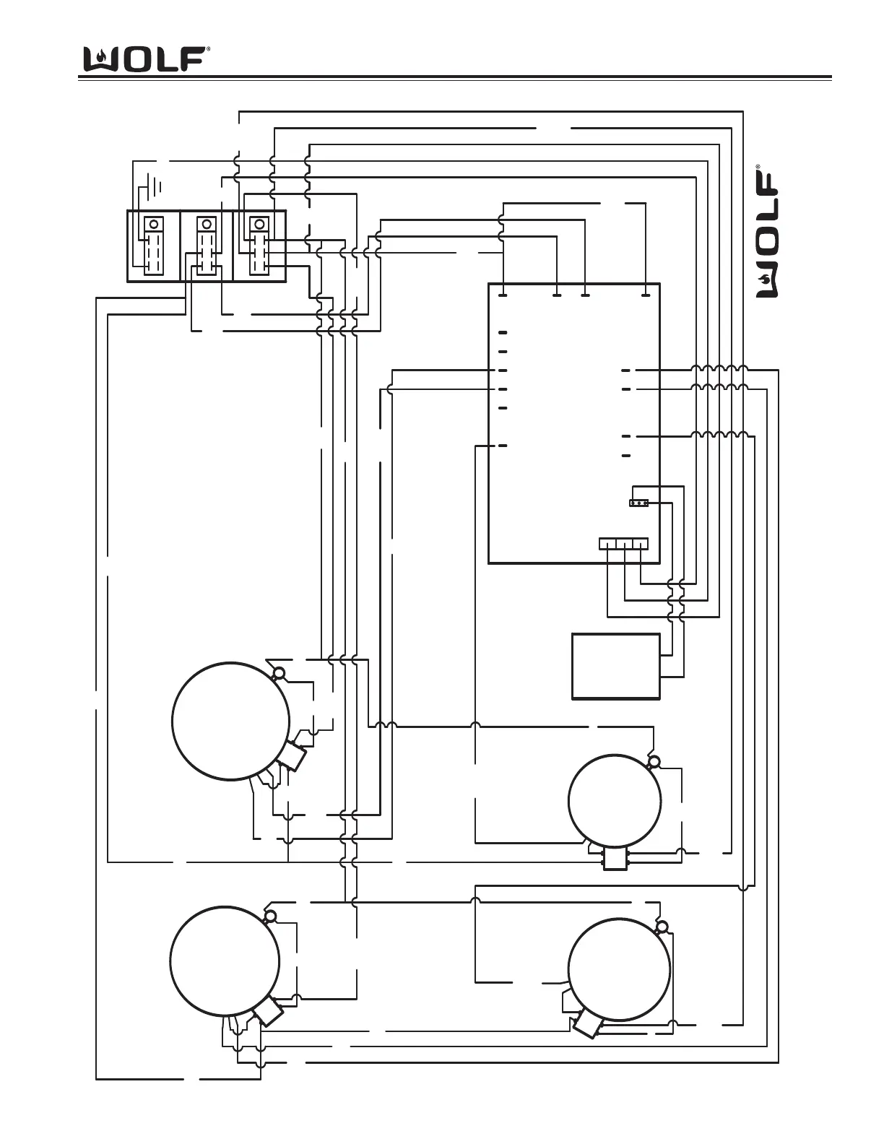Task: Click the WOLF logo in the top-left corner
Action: pyautogui.click(x=147, y=58)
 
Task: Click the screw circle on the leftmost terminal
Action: pyautogui.click(x=152, y=223)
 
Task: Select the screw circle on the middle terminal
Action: pyautogui.click(x=207, y=223)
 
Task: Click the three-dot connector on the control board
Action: pyautogui.click(x=639, y=503)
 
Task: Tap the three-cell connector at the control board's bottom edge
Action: pyautogui.click(x=624, y=544)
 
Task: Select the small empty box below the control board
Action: pyautogui.click(x=615, y=667)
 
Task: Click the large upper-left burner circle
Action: pyautogui.click(x=231, y=721)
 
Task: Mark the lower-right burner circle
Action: pyautogui.click(x=619, y=969)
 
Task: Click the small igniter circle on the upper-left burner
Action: pyautogui.click(x=279, y=674)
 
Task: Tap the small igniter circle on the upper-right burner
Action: pyautogui.click(x=654, y=761)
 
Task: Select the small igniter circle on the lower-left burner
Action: pyautogui.click(x=270, y=917)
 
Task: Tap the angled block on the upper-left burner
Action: pyautogui.click(x=293, y=757)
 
